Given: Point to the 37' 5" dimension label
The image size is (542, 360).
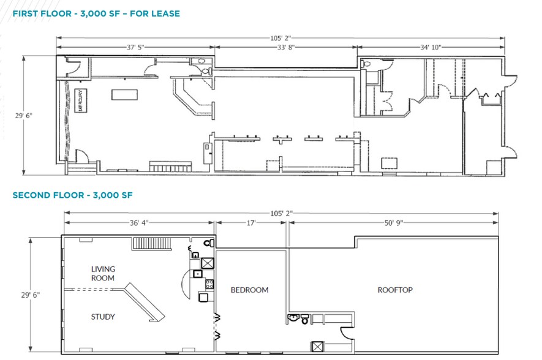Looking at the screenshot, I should (136, 46).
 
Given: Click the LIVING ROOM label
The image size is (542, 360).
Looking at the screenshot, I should (103, 273).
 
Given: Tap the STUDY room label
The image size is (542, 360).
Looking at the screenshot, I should (103, 317).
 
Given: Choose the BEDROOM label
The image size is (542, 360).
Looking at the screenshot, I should (249, 290).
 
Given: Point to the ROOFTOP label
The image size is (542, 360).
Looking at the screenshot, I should (395, 290).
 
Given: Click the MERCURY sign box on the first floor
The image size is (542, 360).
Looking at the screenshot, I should (80, 101).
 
